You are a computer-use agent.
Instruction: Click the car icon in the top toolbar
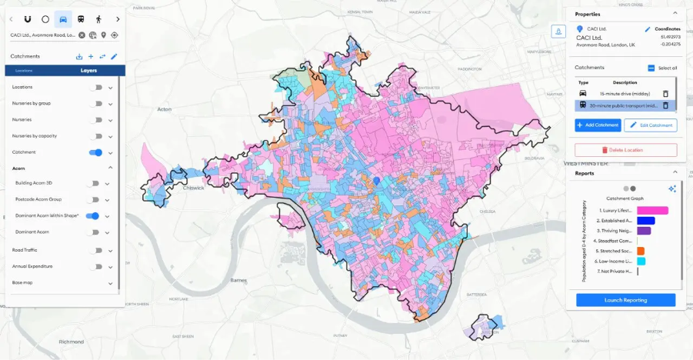(x=63, y=18)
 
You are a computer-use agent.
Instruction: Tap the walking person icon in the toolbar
(x=98, y=18)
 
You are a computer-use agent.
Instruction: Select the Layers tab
(x=89, y=70)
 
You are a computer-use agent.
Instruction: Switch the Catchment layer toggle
(x=95, y=152)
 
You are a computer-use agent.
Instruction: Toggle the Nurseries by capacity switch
(x=95, y=136)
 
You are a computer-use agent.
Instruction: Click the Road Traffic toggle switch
(x=95, y=250)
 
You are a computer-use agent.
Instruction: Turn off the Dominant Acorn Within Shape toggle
(x=92, y=216)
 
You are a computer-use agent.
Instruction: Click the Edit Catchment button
(x=651, y=125)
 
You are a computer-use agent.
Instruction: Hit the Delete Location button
(x=625, y=150)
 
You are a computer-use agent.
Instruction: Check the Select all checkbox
(x=651, y=68)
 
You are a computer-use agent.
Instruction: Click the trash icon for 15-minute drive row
(x=665, y=93)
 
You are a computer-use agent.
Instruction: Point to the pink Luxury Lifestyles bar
(x=652, y=210)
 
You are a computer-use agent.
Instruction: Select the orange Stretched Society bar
(x=641, y=251)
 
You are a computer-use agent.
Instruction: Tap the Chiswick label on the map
(x=194, y=186)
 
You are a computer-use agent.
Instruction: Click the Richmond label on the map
(x=71, y=341)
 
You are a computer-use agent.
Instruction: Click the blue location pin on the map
(x=377, y=180)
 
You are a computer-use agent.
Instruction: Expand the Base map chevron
(x=110, y=283)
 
